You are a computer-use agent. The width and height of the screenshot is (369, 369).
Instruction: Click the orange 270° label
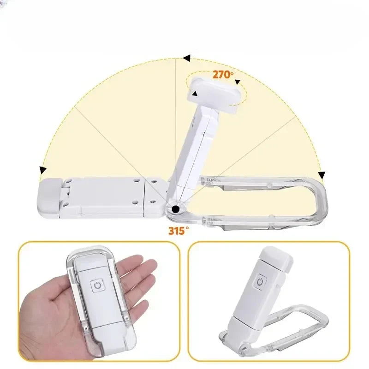point(223,74)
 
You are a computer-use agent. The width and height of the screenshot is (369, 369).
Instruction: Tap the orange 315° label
point(179,231)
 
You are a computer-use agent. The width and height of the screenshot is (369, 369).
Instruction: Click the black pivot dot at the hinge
point(176,209)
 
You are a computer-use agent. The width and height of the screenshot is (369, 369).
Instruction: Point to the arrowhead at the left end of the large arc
point(43,170)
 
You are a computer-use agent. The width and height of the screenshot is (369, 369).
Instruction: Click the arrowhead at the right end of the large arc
point(321,175)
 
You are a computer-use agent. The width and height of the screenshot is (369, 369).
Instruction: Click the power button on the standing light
point(260,282)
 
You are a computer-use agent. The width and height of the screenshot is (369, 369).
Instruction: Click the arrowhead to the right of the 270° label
point(238,82)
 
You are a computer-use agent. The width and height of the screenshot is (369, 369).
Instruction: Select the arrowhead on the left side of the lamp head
point(194,94)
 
